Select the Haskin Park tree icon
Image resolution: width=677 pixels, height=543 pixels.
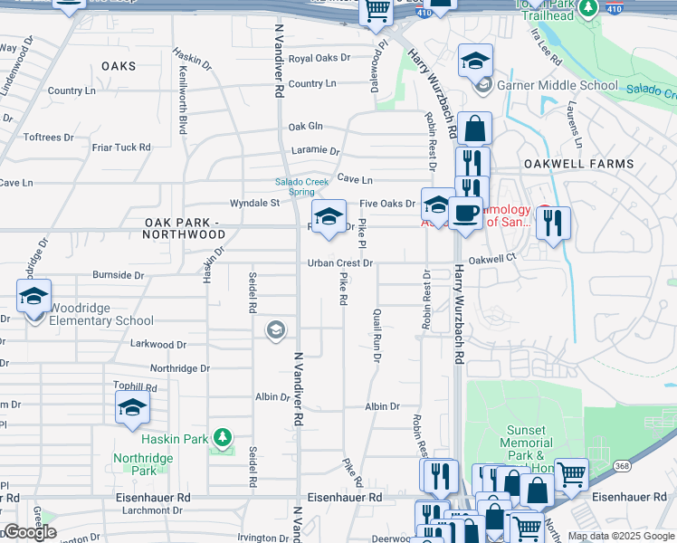222,440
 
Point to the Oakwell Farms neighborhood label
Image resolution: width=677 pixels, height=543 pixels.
577,164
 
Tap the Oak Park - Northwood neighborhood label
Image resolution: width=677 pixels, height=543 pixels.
184,228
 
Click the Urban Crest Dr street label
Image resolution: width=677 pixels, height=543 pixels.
339,263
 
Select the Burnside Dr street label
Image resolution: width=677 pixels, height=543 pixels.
119,274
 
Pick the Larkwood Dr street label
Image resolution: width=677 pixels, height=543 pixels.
157,345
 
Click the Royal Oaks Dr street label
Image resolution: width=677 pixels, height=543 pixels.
319,58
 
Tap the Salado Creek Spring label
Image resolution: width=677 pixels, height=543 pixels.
301,186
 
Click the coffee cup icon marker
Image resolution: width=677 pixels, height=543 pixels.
465,214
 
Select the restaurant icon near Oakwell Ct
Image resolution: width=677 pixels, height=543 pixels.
553,223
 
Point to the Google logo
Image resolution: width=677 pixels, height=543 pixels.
29,532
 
